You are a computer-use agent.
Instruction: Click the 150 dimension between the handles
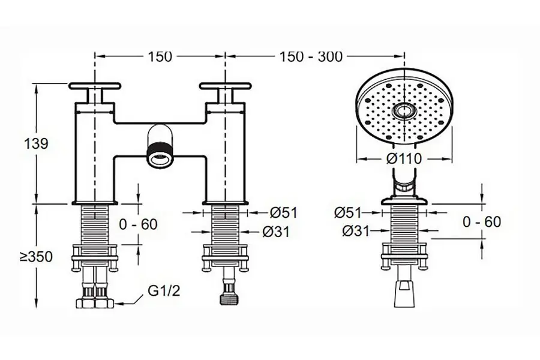160,56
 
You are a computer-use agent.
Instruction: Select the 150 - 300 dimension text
311,56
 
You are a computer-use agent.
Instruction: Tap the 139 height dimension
36,143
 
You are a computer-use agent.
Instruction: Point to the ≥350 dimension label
36,257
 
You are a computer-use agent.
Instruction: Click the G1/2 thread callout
164,291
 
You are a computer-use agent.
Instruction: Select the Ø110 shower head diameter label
404,159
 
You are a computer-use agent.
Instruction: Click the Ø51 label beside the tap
283,212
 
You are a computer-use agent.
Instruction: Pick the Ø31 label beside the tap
276,232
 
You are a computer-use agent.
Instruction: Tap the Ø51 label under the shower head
348,212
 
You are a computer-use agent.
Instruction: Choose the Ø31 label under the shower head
356,231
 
